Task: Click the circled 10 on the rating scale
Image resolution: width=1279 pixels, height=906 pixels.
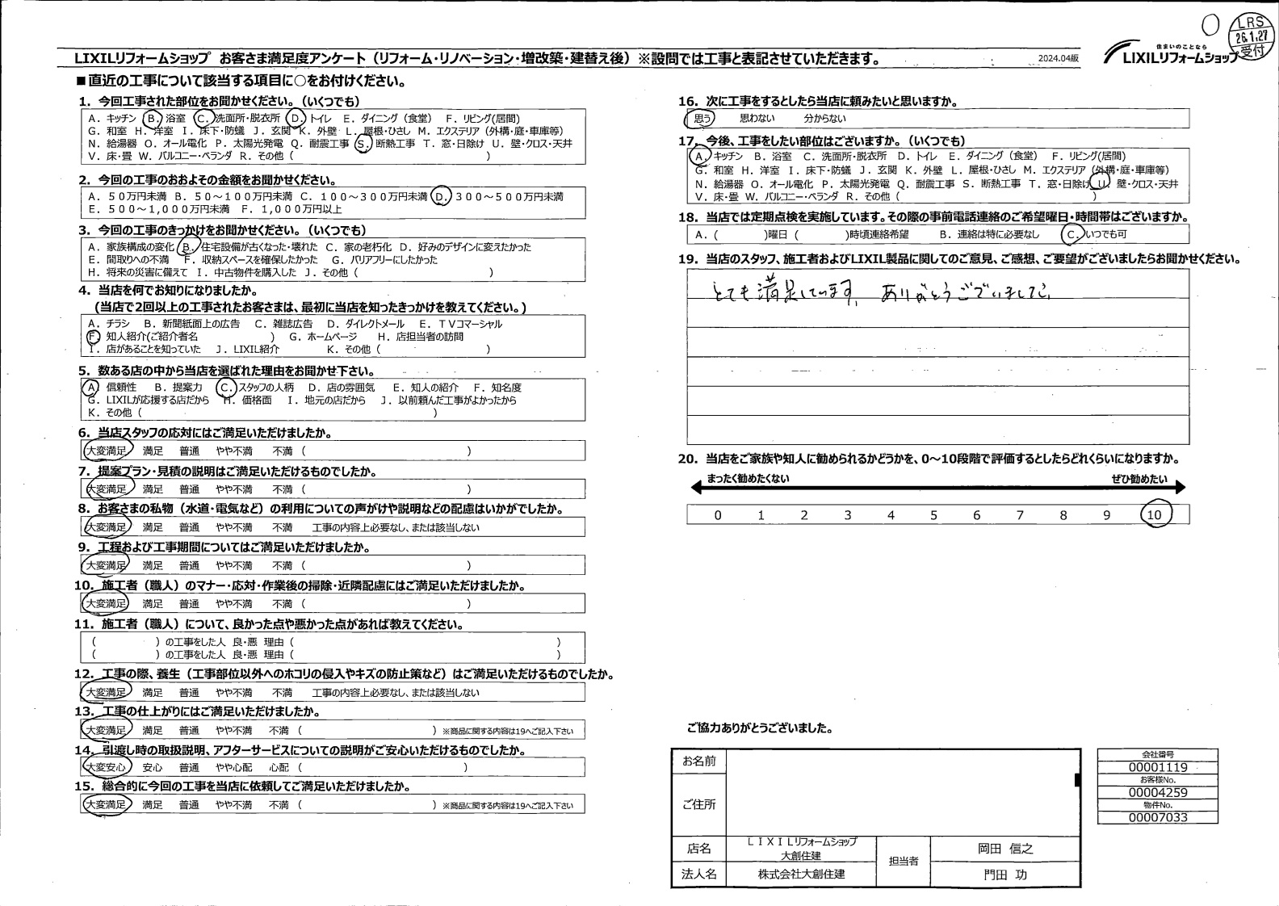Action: (x=1154, y=515)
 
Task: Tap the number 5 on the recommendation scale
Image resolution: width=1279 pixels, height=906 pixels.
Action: (x=933, y=515)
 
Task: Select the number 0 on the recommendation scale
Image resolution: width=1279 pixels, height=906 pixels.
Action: (x=717, y=515)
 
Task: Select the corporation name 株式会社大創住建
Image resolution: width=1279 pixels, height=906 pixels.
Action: (x=801, y=875)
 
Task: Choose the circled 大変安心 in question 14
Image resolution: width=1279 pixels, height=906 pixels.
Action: (x=106, y=767)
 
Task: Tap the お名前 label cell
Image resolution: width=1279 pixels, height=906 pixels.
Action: (x=698, y=761)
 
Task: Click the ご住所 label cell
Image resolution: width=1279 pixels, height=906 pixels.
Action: (x=698, y=804)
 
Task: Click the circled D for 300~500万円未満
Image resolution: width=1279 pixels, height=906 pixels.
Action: (x=440, y=197)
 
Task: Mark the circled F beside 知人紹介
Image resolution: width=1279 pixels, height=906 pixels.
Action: (x=93, y=336)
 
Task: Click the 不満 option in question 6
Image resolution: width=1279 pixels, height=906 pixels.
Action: (x=282, y=451)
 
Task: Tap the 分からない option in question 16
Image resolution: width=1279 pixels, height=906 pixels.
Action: (x=824, y=119)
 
